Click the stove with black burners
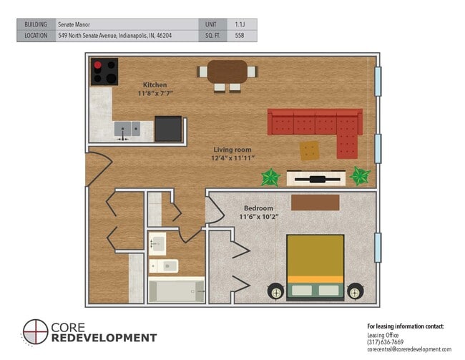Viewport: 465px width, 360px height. coord(104,72)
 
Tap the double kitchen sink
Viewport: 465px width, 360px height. coord(127,130)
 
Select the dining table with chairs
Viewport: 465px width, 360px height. coord(227,74)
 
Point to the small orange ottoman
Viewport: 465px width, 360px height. coord(310,150)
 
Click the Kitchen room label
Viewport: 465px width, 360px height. coord(155,84)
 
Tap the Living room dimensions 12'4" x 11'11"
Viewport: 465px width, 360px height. coord(233,157)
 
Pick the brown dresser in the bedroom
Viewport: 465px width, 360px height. coord(315,203)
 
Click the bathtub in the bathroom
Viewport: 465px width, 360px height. coord(176,290)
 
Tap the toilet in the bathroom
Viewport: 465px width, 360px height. coord(163,266)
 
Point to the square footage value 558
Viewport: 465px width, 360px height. coord(239,35)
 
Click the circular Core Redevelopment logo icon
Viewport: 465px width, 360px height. coord(35,332)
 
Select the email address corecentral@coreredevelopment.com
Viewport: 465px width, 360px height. coord(408,350)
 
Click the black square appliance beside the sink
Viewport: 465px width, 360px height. coord(168,129)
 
